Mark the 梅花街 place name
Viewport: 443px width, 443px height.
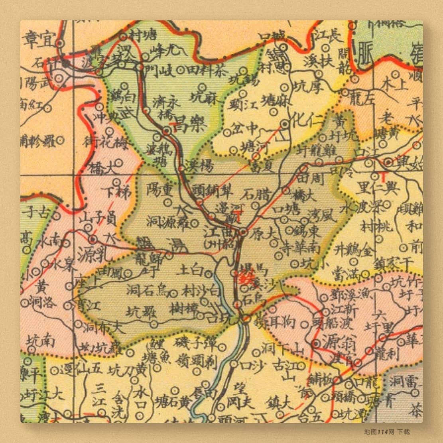[100, 142]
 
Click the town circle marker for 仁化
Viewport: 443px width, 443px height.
[285, 124]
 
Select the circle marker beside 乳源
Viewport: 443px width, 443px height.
[93, 240]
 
